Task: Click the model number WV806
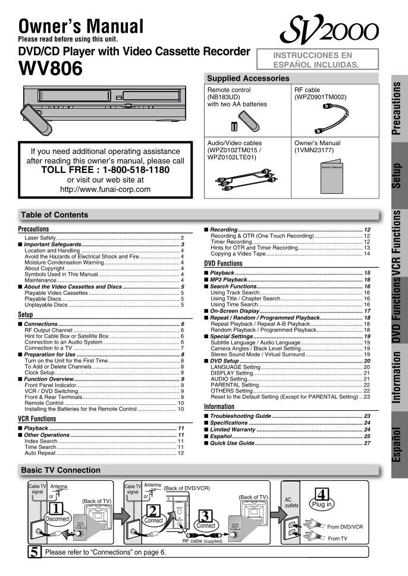51,69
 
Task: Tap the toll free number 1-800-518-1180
105,170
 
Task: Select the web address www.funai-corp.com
105,190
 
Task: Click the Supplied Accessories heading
248,78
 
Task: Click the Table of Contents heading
54,215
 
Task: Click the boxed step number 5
35,552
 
